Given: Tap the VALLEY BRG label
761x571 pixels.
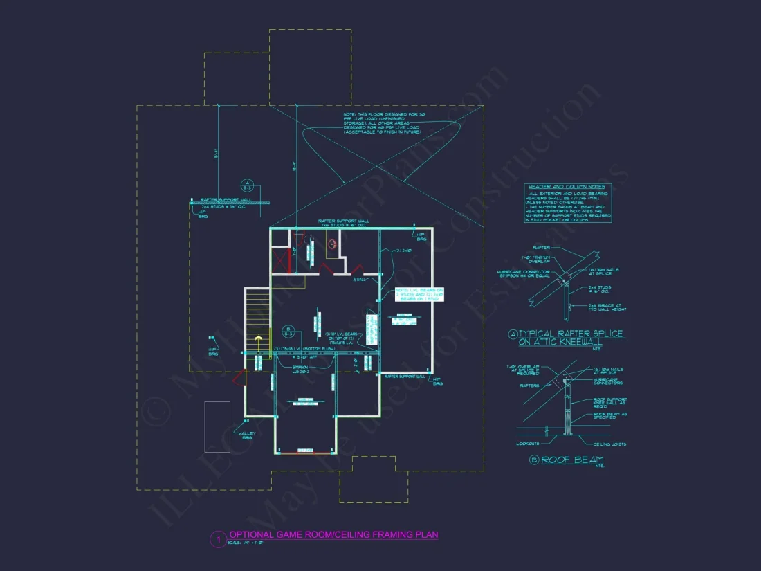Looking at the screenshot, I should pyautogui.click(x=247, y=435).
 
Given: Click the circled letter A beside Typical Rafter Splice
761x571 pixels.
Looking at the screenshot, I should pyautogui.click(x=513, y=334).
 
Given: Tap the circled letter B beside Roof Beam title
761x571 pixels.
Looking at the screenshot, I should pyautogui.click(x=534, y=460).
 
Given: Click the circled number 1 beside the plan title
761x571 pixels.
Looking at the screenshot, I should pyautogui.click(x=217, y=538).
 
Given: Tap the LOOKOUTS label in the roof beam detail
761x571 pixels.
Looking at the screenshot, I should pyautogui.click(x=527, y=444).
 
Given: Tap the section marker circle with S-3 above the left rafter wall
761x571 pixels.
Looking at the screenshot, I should pyautogui.click(x=247, y=185).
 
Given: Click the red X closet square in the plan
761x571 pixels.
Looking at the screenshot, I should pyautogui.click(x=281, y=262).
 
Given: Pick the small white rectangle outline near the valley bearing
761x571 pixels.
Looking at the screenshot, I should pyautogui.click(x=217, y=417).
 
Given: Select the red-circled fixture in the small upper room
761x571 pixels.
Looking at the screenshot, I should pyautogui.click(x=331, y=244).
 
